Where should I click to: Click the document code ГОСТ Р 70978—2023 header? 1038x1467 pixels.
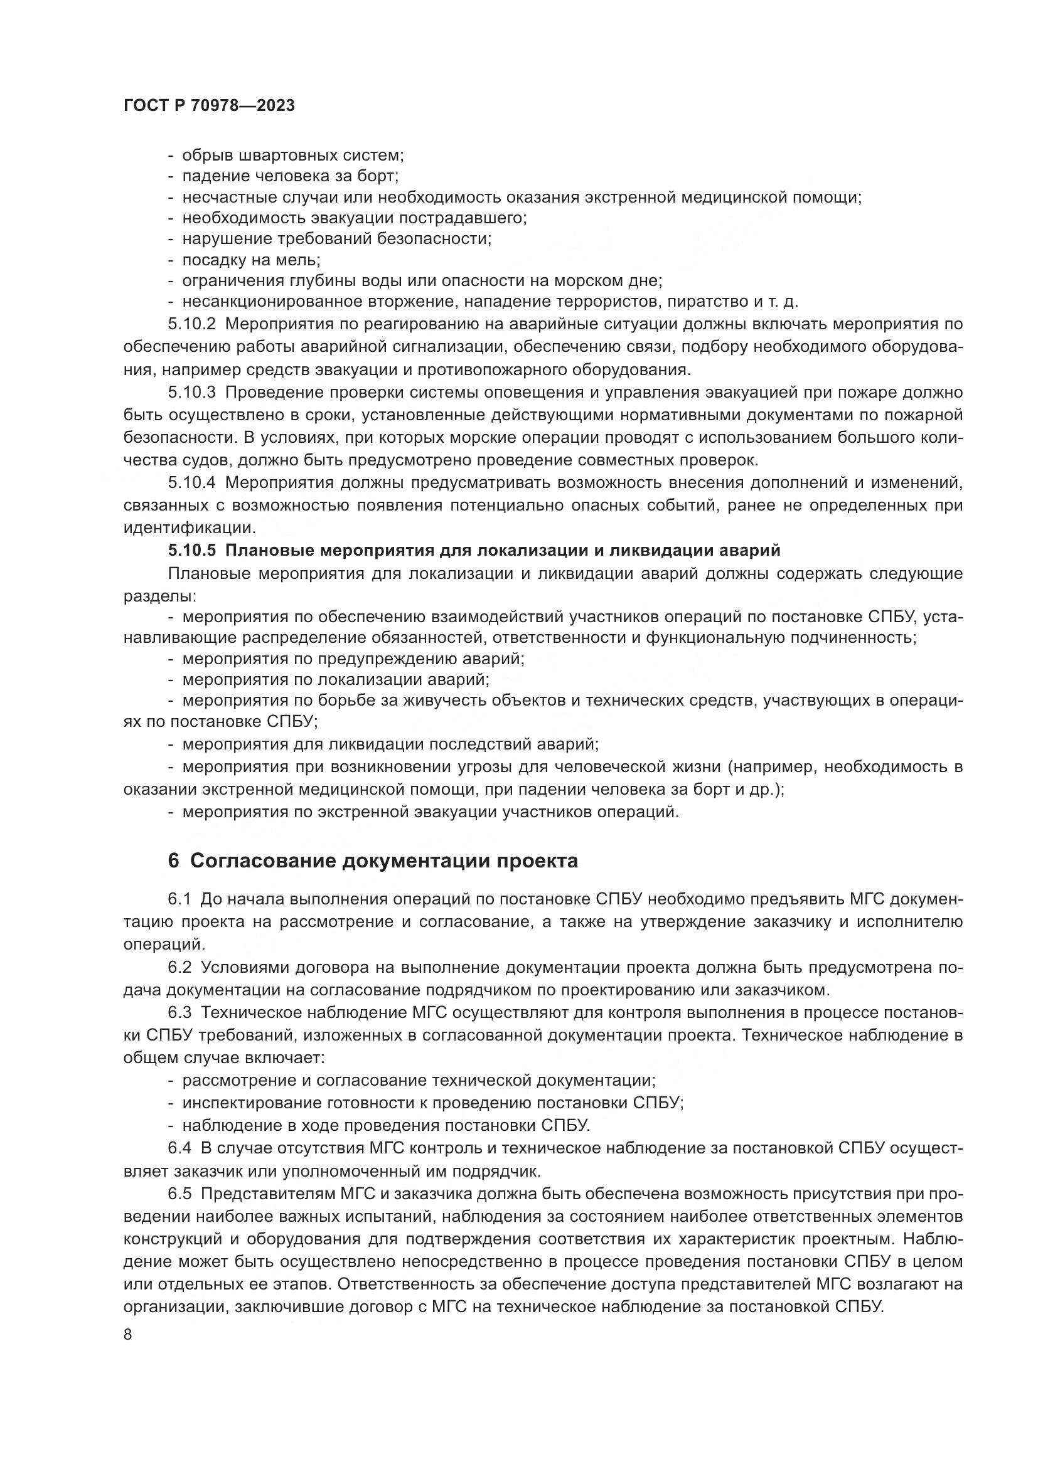(x=209, y=106)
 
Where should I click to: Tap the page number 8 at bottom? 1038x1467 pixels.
(x=128, y=1335)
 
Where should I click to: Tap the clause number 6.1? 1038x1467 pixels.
(x=179, y=899)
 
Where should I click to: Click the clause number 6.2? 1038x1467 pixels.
(x=179, y=967)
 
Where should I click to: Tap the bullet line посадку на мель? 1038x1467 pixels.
(x=250, y=260)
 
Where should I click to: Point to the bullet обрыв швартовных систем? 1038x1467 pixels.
(x=292, y=156)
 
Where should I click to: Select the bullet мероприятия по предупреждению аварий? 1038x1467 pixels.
(x=353, y=659)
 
